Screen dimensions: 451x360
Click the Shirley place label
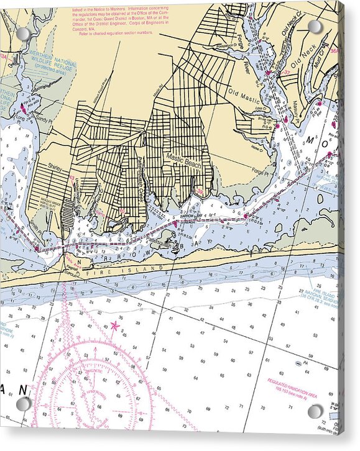point(57,166)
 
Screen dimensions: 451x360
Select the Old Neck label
point(304,56)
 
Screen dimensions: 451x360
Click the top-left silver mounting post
point(23,34)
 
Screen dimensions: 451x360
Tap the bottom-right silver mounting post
point(315,411)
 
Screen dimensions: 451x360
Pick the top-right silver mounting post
point(315,27)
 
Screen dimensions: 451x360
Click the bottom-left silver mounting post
point(23,404)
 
